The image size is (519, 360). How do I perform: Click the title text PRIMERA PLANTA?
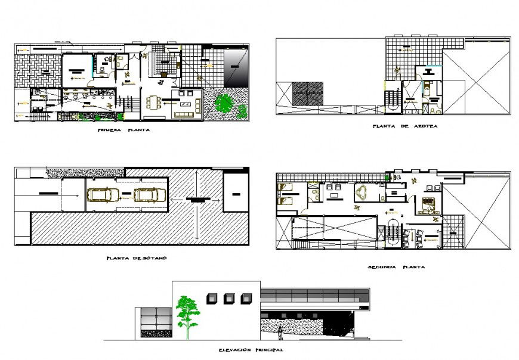[123, 130]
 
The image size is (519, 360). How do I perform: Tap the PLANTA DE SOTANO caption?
[136, 258]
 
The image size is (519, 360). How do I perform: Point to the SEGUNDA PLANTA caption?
[396, 267]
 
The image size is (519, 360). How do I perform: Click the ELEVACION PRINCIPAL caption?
[251, 350]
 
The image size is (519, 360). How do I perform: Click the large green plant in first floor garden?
[225, 104]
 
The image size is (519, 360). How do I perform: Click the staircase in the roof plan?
[391, 98]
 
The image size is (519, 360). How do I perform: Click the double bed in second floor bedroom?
[428, 203]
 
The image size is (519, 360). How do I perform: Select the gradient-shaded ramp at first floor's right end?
[235, 66]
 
